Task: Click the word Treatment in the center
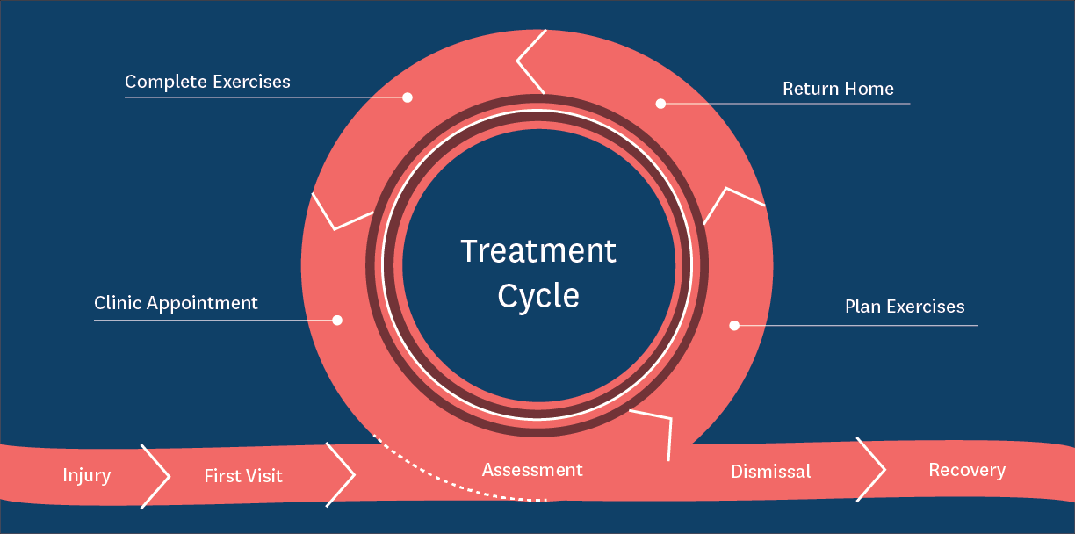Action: pos(538,251)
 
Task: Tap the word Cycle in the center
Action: pos(538,297)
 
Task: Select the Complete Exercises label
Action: pos(207,82)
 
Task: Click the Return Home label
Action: pos(838,89)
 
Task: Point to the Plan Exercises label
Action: pos(905,307)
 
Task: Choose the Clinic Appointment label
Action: pos(176,304)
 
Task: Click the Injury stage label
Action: pos(87,475)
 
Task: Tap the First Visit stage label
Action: pos(243,476)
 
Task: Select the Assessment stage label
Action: pos(532,470)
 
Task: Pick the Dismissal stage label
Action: pos(771,472)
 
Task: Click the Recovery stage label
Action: pos(967,471)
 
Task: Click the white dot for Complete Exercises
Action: pos(408,97)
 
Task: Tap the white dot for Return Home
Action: pos(660,104)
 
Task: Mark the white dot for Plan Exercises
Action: pos(734,326)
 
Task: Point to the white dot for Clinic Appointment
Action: pos(337,320)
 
